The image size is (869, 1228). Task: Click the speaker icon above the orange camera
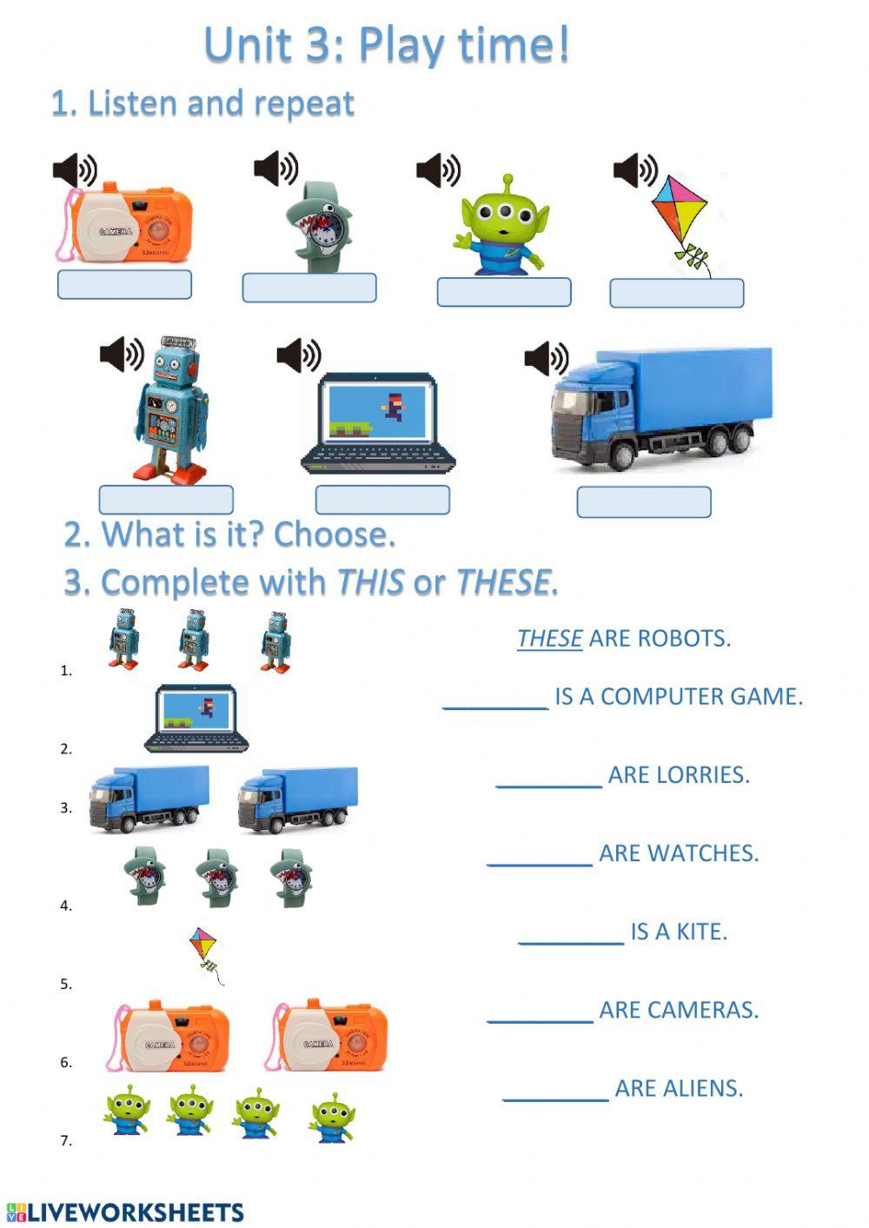(x=75, y=171)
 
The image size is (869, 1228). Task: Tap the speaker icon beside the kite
(x=635, y=170)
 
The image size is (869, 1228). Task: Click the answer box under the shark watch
(x=309, y=288)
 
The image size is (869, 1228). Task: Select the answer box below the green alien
(x=504, y=292)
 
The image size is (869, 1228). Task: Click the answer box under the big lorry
(x=644, y=501)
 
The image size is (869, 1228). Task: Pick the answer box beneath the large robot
(x=166, y=500)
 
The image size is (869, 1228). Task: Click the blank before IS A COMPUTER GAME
(x=496, y=698)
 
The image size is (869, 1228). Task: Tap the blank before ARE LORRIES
(x=549, y=776)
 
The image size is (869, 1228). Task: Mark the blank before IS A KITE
(x=571, y=933)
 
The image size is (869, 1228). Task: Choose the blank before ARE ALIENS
(x=556, y=1089)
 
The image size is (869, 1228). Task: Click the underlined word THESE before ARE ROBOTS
(x=549, y=639)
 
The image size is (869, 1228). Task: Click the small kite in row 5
(x=205, y=949)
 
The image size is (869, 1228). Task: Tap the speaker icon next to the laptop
(x=298, y=355)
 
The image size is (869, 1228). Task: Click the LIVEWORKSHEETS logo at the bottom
(x=125, y=1212)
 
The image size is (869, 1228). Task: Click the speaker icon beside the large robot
(x=122, y=354)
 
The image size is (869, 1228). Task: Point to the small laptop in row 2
(x=197, y=718)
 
